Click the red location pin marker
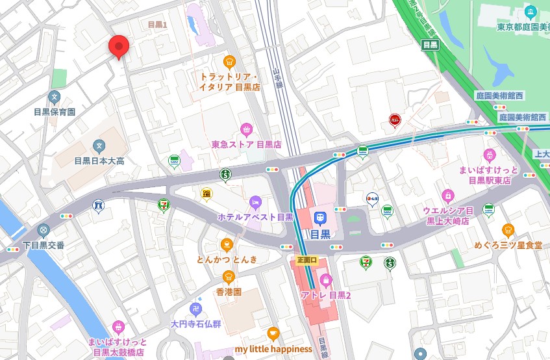click(118, 46)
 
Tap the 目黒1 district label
click(158, 25)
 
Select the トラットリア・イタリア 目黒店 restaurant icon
click(229, 62)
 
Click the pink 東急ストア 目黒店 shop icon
click(245, 129)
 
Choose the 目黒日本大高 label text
click(99, 161)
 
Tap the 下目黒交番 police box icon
click(44, 230)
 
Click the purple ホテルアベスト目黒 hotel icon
click(255, 201)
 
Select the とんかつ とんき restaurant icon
click(227, 244)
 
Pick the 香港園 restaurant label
click(229, 292)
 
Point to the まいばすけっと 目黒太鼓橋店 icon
click(118, 327)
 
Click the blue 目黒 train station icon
click(319, 218)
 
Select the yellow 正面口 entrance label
click(306, 260)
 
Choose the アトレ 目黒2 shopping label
click(325, 295)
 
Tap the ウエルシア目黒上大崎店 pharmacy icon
click(447, 195)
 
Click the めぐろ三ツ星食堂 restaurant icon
click(508, 230)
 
